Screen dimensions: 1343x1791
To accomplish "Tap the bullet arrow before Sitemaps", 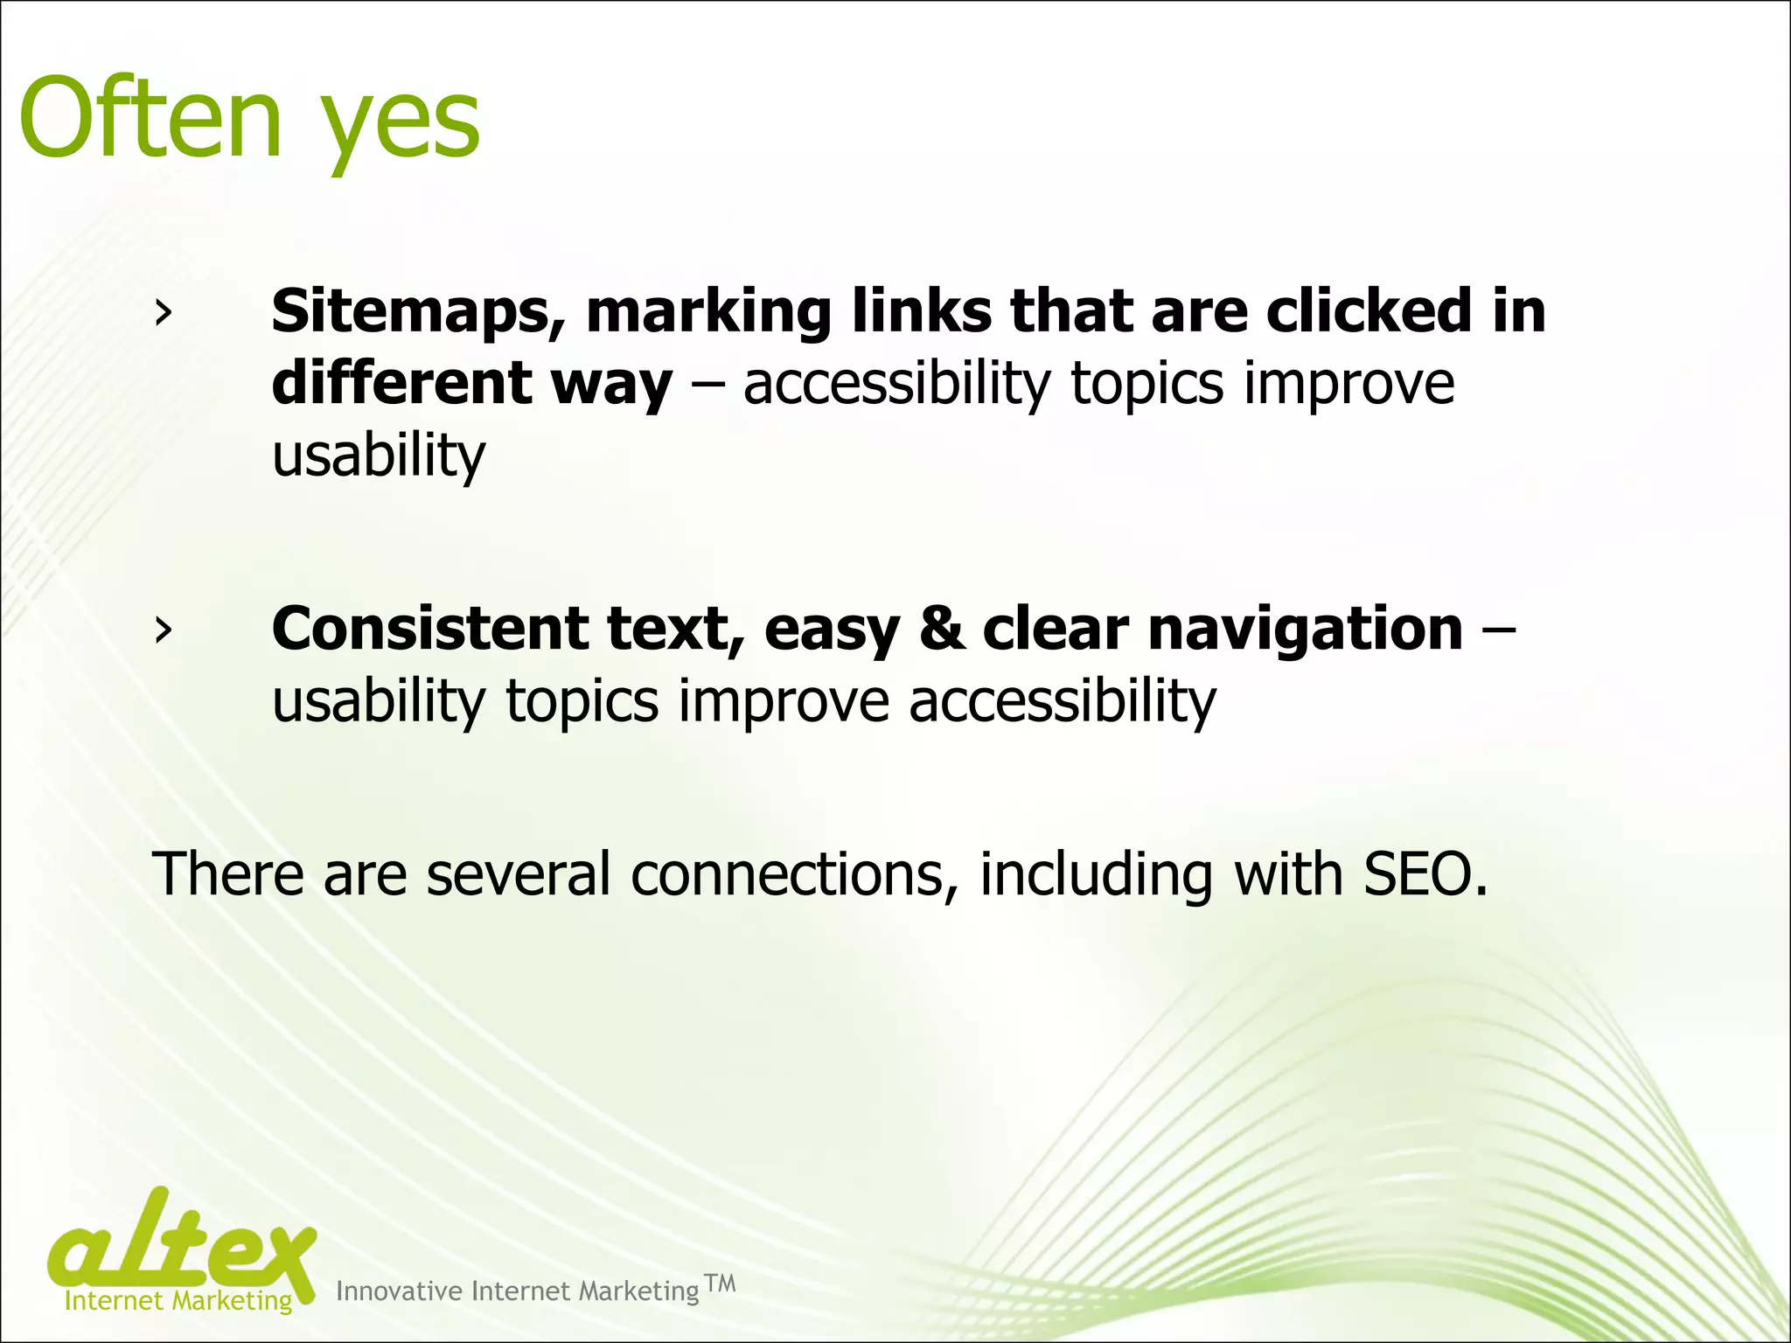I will pyautogui.click(x=162, y=313).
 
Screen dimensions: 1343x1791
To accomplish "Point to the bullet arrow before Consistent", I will pyautogui.click(x=162, y=630).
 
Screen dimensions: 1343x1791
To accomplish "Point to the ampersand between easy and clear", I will pyautogui.click(x=942, y=629).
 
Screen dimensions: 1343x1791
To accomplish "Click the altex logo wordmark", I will pyautogui.click(x=182, y=1242).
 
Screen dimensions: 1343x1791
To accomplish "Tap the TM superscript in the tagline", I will pyautogui.click(x=720, y=1284).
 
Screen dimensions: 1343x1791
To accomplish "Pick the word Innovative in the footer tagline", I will pyautogui.click(x=399, y=1291).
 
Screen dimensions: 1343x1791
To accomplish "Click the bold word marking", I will pyautogui.click(x=708, y=313).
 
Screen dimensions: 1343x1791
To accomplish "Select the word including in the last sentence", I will pyautogui.click(x=1096, y=875).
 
